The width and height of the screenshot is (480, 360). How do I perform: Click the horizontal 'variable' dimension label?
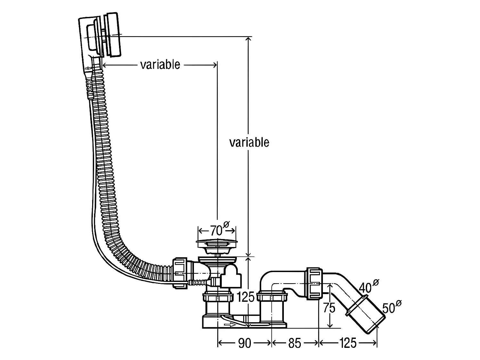160,65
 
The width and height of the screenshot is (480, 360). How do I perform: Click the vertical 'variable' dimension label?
249,142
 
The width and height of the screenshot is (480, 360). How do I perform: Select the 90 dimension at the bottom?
244,343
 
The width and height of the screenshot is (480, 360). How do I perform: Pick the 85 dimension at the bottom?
294,343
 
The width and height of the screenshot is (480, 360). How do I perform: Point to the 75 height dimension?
329,308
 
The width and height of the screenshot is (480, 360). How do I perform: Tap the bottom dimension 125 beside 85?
348,343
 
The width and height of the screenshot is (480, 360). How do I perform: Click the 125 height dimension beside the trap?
245,297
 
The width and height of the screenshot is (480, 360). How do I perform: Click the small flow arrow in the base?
229,325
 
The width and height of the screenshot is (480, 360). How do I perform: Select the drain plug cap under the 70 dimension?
217,243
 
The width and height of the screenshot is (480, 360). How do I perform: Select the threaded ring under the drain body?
217,298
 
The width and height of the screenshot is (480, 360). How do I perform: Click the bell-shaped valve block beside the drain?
231,276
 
